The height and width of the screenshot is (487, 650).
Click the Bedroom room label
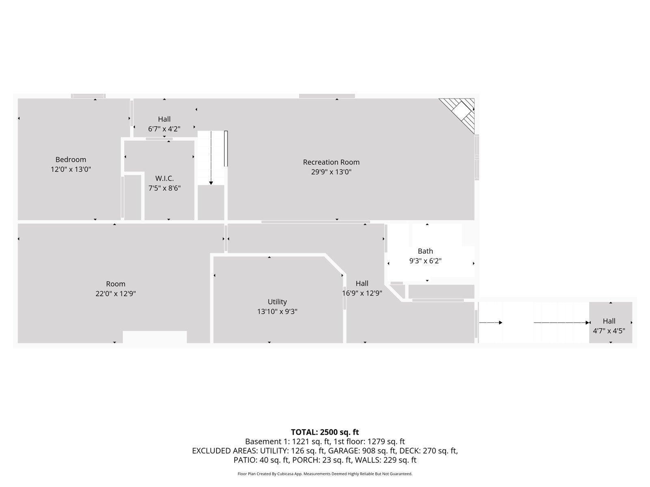click(71, 159)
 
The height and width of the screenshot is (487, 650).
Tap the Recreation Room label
click(331, 162)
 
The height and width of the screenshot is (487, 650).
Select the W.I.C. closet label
click(165, 178)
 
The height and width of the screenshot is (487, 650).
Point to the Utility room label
click(277, 302)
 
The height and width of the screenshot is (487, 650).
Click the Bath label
click(425, 251)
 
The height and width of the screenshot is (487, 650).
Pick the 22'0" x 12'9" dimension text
click(115, 293)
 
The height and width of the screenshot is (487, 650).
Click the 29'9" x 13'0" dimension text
click(331, 172)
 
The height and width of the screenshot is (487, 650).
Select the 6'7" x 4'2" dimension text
click(165, 129)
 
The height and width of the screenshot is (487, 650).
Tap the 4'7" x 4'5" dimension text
click(609, 331)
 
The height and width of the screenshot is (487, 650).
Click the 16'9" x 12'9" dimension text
click(362, 293)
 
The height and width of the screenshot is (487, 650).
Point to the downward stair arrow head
click(211, 183)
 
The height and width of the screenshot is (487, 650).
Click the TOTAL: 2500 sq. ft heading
click(325, 432)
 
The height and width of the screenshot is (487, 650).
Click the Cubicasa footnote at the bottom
click(325, 474)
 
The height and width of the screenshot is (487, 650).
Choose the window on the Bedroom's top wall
click(88, 96)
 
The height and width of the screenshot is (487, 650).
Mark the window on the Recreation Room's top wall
click(327, 96)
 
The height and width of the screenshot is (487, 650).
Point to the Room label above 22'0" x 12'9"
click(115, 284)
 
